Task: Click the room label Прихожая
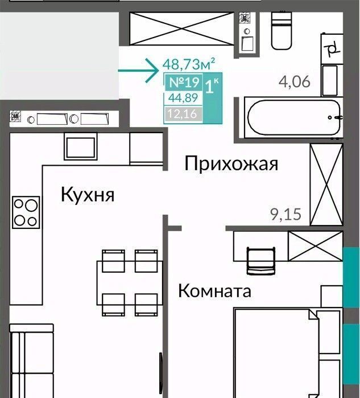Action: pos(231,164)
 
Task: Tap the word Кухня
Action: pos(88,195)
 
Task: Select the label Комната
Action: pos(215,290)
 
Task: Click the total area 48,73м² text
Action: pos(189,64)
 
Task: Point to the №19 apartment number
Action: pos(184,82)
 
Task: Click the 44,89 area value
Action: pos(183,98)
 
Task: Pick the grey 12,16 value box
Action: pos(184,114)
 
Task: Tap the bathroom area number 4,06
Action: pos(294,82)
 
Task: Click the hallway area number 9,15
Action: pos(285,215)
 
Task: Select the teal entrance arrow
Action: pos(138,70)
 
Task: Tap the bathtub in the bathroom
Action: pos(293,117)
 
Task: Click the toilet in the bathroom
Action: pos(282,30)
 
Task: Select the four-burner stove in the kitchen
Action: pos(26,212)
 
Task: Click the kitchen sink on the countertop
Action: pos(81,146)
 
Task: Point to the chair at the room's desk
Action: pos(261,261)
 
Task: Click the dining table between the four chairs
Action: pos(130,283)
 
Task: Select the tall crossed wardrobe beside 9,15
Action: pos(326,184)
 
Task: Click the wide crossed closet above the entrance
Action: pos(181,28)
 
